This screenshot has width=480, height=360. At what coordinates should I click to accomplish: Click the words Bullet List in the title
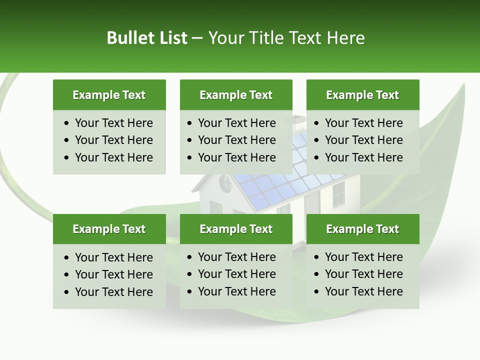pyautogui.click(x=147, y=38)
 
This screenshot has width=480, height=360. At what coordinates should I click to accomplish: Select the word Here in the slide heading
pyautogui.click(x=345, y=38)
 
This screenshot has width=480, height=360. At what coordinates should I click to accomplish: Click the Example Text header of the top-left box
pyautogui.click(x=109, y=95)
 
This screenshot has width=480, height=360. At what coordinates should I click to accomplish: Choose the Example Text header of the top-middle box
pyautogui.click(x=236, y=95)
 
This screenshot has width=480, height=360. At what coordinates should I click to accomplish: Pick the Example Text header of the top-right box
pyautogui.click(x=362, y=95)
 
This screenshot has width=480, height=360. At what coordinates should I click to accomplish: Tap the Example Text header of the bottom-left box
pyautogui.click(x=109, y=229)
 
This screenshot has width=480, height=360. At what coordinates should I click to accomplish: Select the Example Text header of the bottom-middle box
pyautogui.click(x=236, y=229)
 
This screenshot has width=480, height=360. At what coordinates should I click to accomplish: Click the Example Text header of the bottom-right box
pyautogui.click(x=362, y=229)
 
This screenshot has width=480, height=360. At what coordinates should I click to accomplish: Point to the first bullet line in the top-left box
pyautogui.click(x=113, y=123)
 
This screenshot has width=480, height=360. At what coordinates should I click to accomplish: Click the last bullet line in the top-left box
pyautogui.click(x=113, y=157)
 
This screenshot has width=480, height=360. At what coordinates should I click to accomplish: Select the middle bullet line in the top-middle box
pyautogui.click(x=236, y=140)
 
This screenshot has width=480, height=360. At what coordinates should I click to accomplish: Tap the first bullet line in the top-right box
pyautogui.click(x=363, y=123)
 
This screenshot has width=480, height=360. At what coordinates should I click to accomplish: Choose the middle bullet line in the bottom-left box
pyautogui.click(x=113, y=274)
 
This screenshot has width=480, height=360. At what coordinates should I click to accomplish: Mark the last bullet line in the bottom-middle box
pyautogui.click(x=236, y=291)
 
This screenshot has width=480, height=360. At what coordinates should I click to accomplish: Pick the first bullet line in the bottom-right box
pyautogui.click(x=363, y=257)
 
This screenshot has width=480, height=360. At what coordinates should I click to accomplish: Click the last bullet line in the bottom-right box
pyautogui.click(x=363, y=291)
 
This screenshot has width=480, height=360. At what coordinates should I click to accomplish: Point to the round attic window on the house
pyautogui.click(x=224, y=185)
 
